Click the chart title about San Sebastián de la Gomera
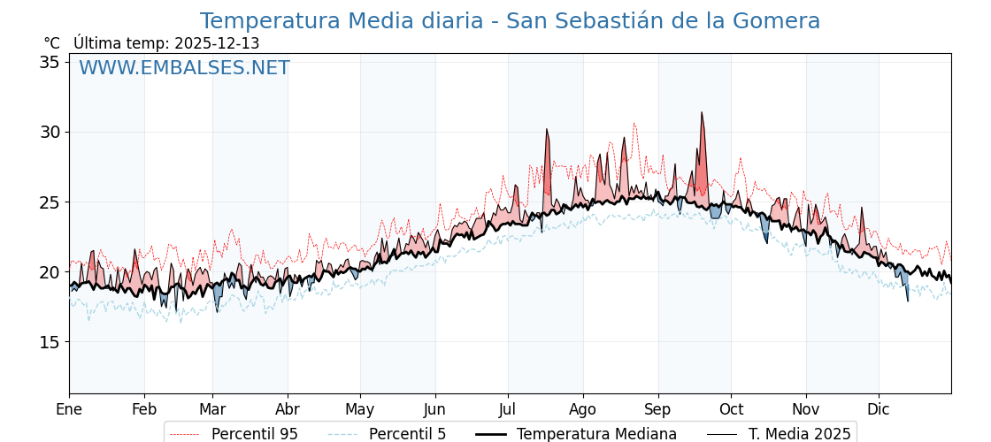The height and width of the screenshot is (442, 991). [510, 21]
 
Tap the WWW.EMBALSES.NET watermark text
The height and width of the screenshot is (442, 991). [184, 68]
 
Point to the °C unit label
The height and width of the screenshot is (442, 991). [51, 43]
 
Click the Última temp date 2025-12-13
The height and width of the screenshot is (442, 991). [217, 43]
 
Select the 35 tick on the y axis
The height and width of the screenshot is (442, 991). [50, 62]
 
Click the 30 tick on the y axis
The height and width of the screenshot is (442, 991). [50, 132]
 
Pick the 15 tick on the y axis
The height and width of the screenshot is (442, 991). [50, 341]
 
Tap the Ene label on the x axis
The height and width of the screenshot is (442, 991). [69, 409]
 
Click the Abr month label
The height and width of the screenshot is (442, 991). [288, 409]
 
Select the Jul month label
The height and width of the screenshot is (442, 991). [508, 409]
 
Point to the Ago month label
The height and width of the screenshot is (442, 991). [583, 409]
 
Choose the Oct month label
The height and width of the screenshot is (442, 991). [731, 409]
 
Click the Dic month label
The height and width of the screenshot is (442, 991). [879, 409]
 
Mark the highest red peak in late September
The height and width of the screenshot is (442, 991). [702, 115]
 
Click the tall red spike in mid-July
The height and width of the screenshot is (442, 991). [547, 132]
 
